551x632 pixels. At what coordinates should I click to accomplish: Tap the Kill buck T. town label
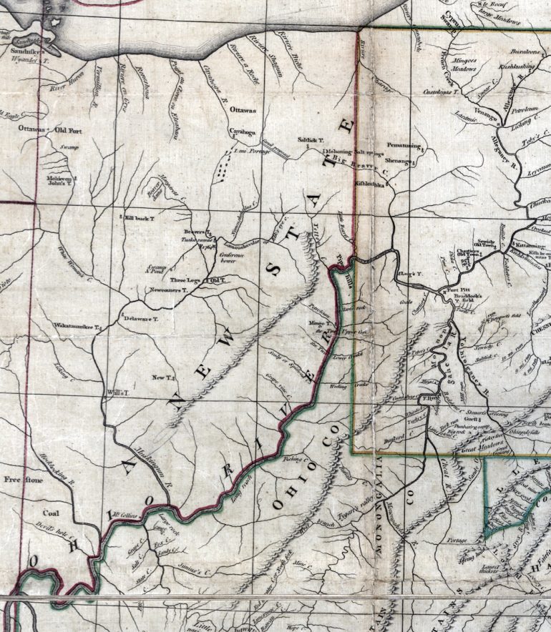(141, 217)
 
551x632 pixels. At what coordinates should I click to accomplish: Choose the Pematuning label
(402, 145)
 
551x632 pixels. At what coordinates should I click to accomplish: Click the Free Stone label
(21, 479)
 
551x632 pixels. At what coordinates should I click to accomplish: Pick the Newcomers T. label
(168, 291)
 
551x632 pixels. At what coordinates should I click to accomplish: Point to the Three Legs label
(183, 280)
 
